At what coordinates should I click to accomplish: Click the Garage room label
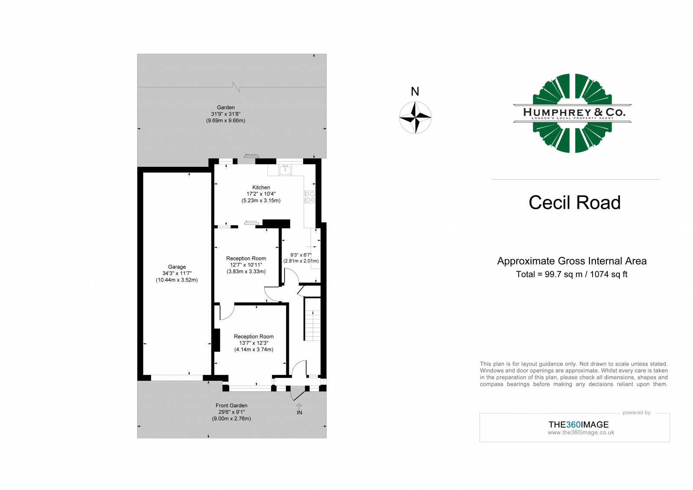point(177,267)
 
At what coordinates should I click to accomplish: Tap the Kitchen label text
point(261,188)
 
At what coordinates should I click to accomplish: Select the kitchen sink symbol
point(285,170)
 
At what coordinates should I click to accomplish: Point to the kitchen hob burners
point(310,197)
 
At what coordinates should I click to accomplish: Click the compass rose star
point(415,117)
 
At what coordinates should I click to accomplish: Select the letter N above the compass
point(415,91)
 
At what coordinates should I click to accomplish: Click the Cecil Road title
point(574,203)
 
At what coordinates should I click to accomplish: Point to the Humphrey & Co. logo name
point(574,112)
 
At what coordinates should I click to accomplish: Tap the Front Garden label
point(231,406)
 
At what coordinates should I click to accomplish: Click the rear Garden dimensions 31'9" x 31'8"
point(226,114)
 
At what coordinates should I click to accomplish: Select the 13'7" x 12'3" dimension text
point(254,343)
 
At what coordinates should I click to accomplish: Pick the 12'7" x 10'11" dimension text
point(246,265)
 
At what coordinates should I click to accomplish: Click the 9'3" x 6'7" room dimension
point(301,255)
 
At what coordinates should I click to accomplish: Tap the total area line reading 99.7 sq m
point(572,274)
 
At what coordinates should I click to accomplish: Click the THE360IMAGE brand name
point(578,425)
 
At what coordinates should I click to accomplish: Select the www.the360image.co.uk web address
point(581,432)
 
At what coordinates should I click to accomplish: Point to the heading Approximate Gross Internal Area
point(572,261)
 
